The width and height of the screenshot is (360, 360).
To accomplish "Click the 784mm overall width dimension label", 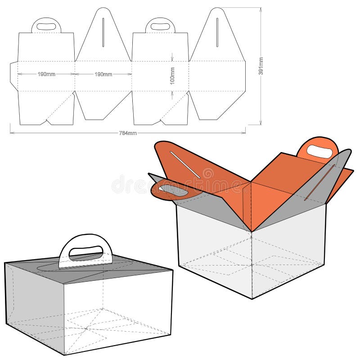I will click(128, 133).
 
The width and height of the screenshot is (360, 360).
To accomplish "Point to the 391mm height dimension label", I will click(261, 67).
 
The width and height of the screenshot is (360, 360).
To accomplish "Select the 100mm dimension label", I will click(172, 75).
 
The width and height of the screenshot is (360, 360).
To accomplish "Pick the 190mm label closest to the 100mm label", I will click(103, 74).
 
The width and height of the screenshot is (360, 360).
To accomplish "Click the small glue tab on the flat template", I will click(13, 75).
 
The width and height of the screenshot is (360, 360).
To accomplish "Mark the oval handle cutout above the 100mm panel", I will click(160, 27).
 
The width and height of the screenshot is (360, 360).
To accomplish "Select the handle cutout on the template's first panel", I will click(46, 27).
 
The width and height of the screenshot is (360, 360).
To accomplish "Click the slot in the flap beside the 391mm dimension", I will click(217, 32).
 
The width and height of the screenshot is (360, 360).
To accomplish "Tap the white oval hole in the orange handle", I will click(319, 152).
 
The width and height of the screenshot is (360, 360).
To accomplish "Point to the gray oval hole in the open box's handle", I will click(173, 190).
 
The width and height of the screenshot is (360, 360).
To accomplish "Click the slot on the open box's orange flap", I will click(185, 165).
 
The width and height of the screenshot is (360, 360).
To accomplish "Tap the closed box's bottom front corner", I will click(64, 355).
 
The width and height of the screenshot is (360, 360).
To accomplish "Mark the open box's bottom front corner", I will click(252, 298).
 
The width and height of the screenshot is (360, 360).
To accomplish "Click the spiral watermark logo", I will click(207, 174).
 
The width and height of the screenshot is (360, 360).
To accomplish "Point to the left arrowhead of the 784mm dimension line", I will click(11, 133).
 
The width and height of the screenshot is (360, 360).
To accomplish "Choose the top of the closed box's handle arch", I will click(85, 235).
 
